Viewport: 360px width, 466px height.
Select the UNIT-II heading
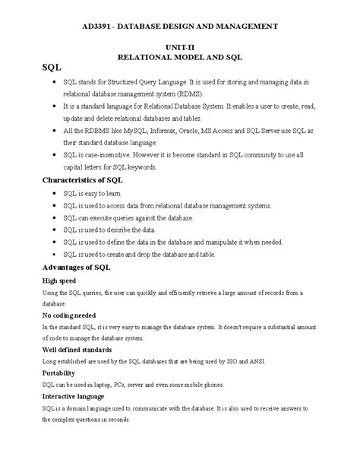pyautogui.click(x=179, y=47)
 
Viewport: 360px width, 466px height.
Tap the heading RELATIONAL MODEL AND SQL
pyautogui.click(x=179, y=57)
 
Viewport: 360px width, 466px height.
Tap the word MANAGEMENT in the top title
pyautogui.click(x=245, y=26)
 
